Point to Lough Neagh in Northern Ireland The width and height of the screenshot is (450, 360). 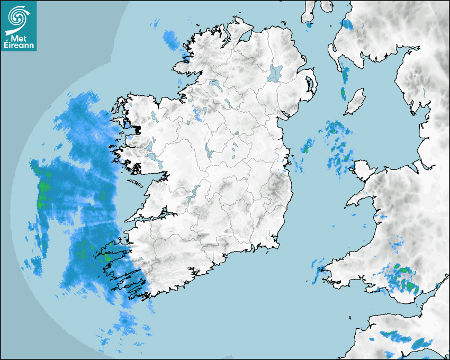coord(275,73)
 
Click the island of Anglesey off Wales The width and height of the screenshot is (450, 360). coord(363,170)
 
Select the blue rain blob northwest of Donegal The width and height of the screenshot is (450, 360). coord(171,39)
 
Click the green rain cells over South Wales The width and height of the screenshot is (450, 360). coord(405,278)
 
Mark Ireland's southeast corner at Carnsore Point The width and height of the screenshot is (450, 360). coord(277,246)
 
